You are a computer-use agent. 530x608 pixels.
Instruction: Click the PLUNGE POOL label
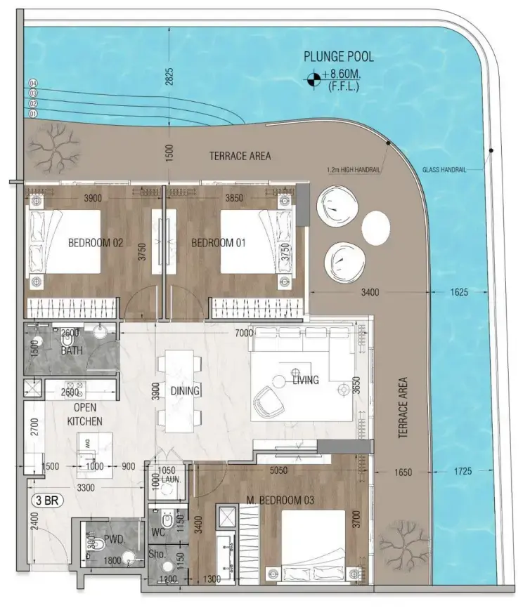pos(339,57)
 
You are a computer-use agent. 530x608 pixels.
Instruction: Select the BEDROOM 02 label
pos(96,244)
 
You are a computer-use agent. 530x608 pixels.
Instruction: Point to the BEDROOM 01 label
pos(218,244)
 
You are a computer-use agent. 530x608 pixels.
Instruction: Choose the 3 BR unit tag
pos(49,501)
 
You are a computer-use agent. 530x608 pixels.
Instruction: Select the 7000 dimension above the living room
pos(245,333)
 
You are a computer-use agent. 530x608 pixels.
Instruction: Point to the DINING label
pos(186,391)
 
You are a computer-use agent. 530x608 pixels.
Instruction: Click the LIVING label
pos(306,381)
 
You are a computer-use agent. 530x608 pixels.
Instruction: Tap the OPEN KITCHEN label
pos(85,414)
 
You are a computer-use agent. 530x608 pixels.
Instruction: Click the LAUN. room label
pos(167,480)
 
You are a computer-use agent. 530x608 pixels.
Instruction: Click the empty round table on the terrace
pos(376,226)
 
